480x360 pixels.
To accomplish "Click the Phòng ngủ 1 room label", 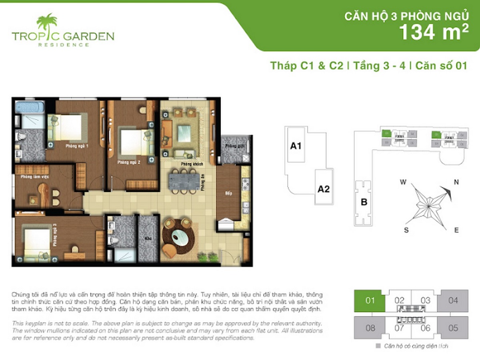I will point(77,146).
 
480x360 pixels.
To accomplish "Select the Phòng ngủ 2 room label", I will point(128,163).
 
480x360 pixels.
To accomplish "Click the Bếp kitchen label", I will point(229,194).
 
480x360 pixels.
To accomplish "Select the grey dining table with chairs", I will point(184,180).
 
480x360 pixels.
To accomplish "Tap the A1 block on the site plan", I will point(296,146).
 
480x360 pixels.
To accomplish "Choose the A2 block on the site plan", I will point(323,189).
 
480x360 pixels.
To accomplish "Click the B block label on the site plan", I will point(364,202).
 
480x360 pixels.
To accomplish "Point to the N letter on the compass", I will point(456,182).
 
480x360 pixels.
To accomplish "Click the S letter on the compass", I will point(406,230).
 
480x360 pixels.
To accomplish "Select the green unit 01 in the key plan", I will point(370,300).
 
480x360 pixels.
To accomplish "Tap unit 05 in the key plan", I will point(453,328).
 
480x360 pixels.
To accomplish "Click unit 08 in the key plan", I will point(370,328).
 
